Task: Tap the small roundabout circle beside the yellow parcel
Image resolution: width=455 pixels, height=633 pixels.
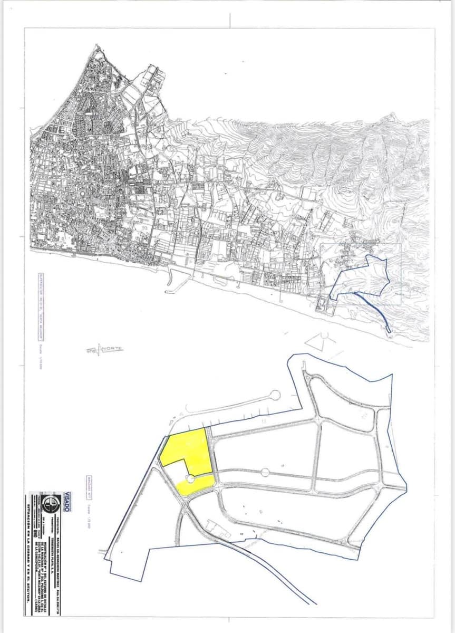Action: pyautogui.click(x=190, y=478)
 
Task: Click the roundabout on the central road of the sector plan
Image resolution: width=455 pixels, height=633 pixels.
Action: pyautogui.click(x=265, y=472)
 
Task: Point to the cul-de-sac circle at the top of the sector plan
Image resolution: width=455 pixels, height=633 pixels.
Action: pyautogui.click(x=275, y=395)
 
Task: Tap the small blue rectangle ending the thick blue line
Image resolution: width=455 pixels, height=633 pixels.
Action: pyautogui.click(x=389, y=329)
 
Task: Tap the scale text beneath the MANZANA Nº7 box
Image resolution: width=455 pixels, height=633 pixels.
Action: pyautogui.click(x=89, y=512)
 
